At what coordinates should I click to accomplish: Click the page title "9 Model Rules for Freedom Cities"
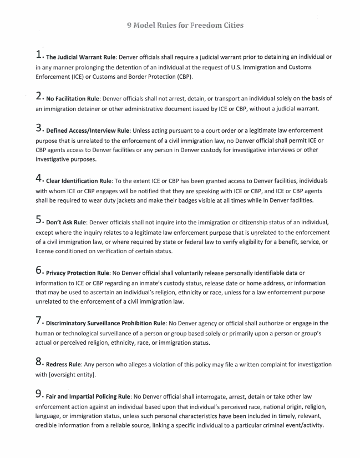point(180,25)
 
